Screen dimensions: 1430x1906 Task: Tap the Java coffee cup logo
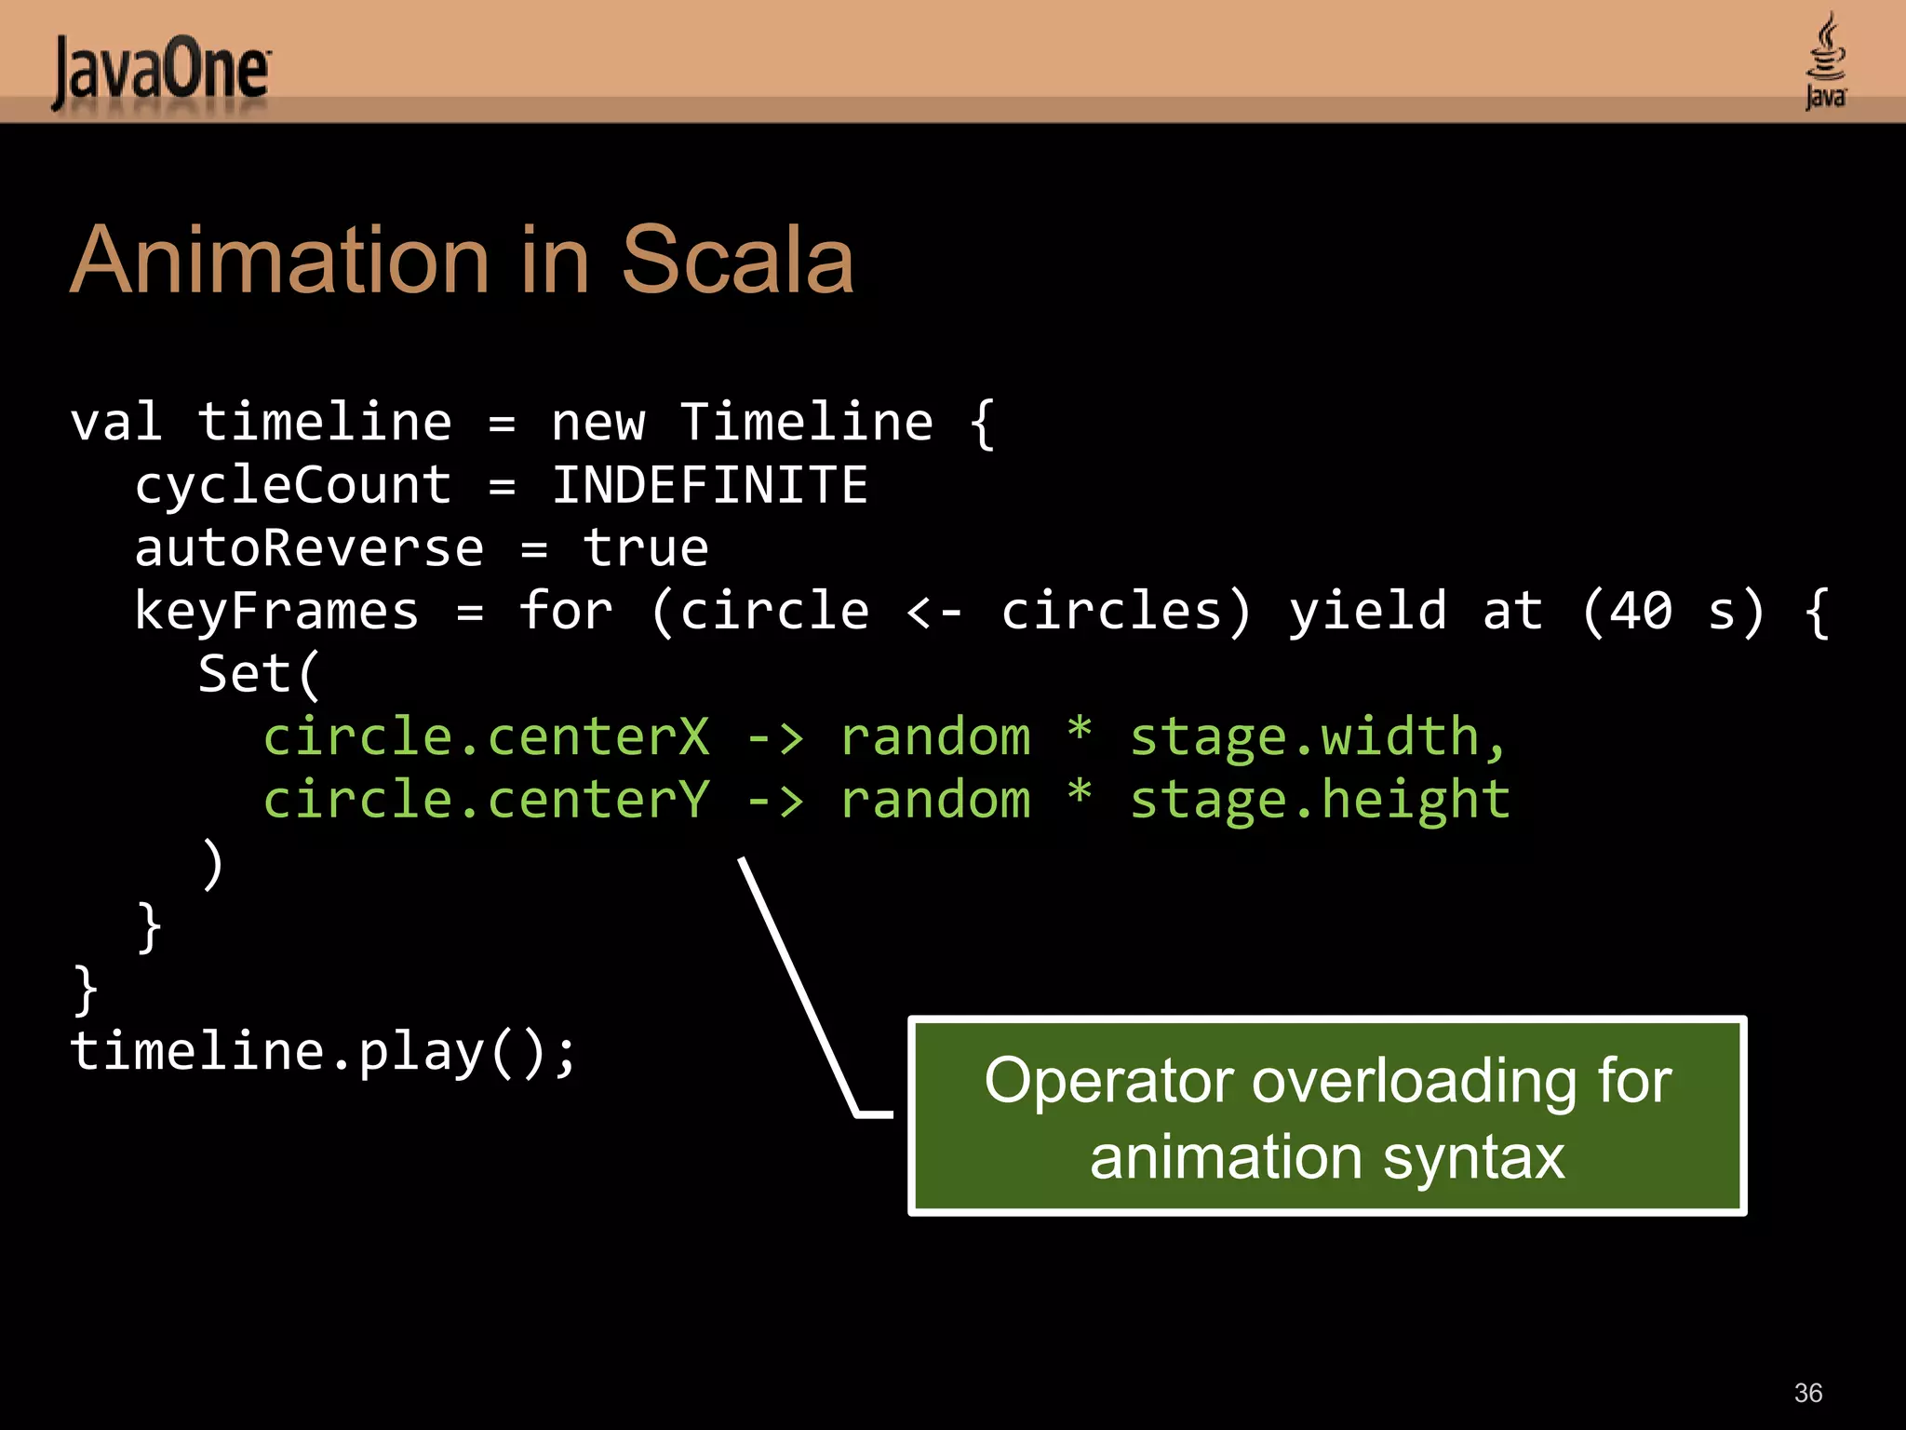coord(1825,61)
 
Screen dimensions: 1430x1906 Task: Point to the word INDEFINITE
coord(709,485)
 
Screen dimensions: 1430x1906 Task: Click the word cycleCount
coord(293,486)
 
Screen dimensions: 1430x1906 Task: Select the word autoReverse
coord(309,548)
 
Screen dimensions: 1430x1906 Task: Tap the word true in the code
coord(646,548)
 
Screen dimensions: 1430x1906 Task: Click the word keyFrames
coord(276,612)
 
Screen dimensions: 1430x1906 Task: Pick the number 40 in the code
coord(1641,612)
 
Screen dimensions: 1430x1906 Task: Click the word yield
coord(1367,612)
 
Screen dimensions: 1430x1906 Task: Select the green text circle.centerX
coord(486,737)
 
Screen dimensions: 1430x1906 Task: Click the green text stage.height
coord(1320,801)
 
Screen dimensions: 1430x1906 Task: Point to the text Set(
coord(259,674)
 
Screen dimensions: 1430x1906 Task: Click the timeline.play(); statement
coord(324,1053)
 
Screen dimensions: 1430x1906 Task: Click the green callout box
coord(1327,1116)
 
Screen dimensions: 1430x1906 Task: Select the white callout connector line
coord(799,987)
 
